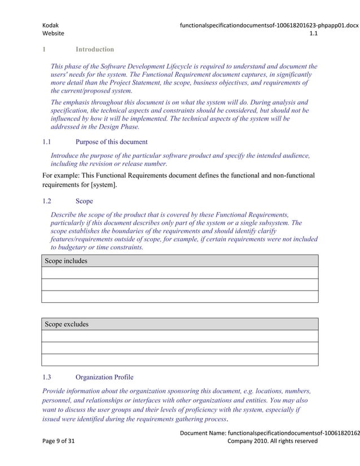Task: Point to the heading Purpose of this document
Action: pos(111,142)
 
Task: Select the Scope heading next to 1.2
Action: pos(84,201)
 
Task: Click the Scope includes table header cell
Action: pos(67,261)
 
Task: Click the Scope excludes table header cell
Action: pos(67,324)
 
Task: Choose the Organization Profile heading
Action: pos(104,377)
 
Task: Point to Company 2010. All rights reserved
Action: pos(272,441)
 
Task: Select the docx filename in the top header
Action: pos(269,25)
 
